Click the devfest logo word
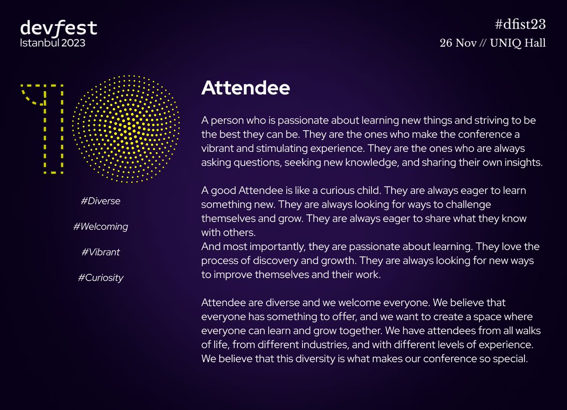(x=59, y=28)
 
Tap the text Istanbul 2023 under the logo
(x=53, y=43)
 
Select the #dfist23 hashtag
(x=518, y=26)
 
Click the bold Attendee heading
(x=245, y=88)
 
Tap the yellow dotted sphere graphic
(x=126, y=128)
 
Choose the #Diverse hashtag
(x=101, y=201)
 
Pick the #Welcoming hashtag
(x=101, y=226)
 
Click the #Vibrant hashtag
(x=101, y=252)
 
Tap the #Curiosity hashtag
(x=101, y=277)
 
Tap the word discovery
(x=272, y=261)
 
